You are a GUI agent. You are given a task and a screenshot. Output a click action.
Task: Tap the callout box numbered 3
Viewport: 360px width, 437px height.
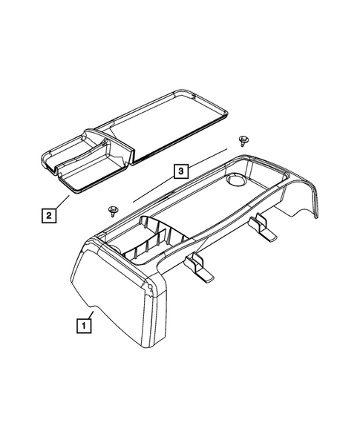point(180,172)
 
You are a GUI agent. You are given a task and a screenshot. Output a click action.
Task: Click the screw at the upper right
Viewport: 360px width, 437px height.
point(243,140)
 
